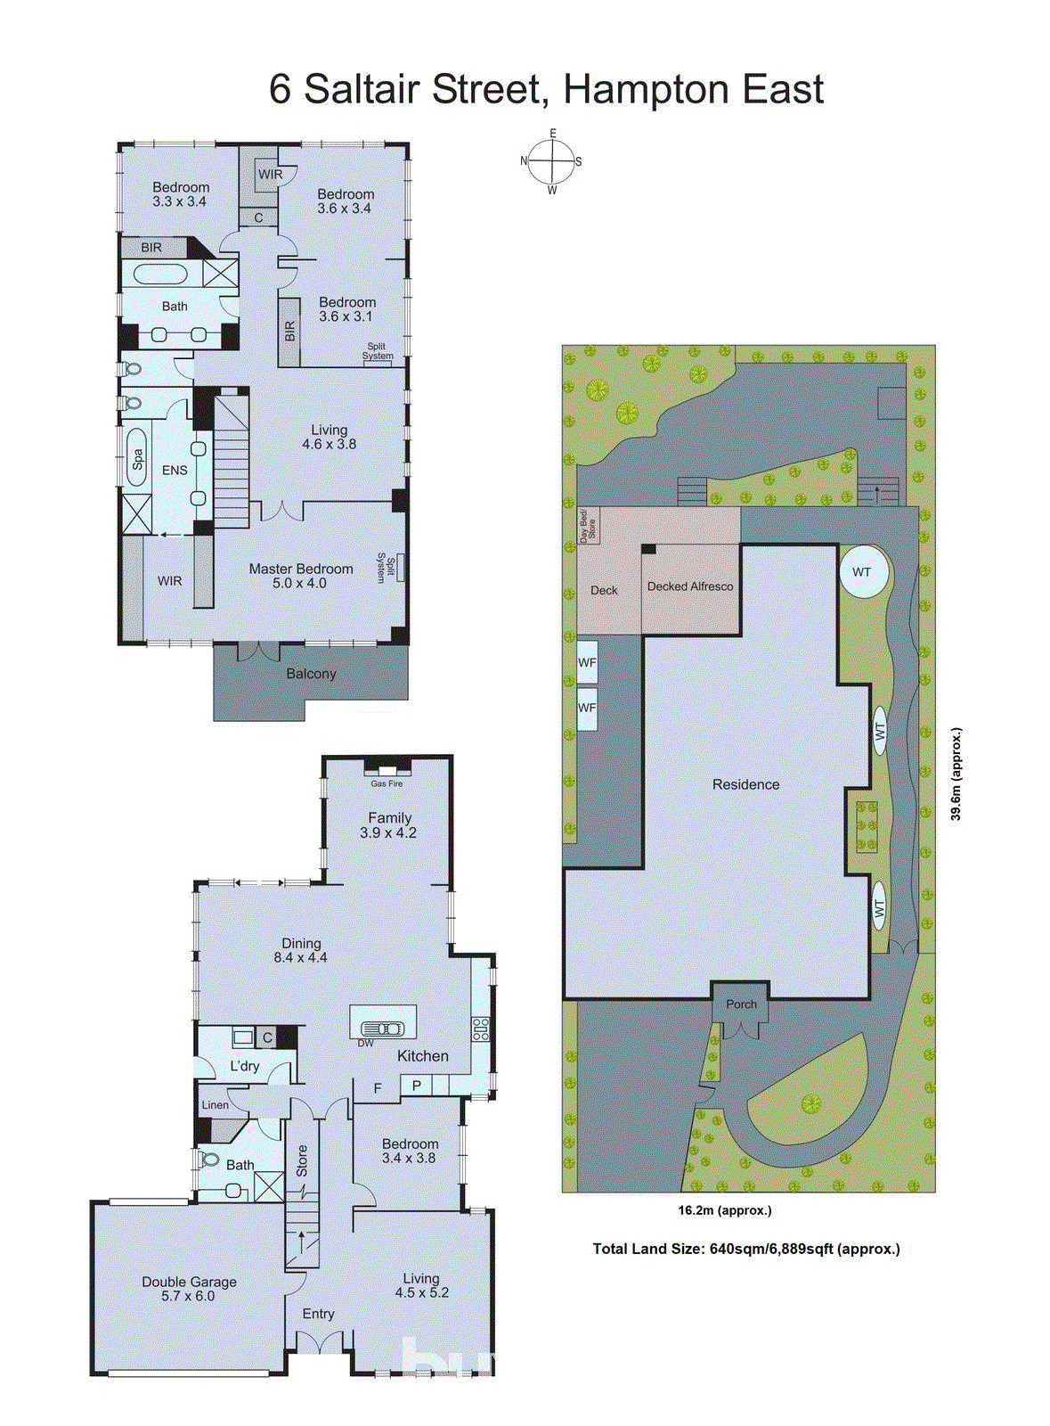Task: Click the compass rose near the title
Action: click(552, 162)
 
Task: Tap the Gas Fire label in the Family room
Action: click(387, 783)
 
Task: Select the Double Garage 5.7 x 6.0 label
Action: click(189, 1289)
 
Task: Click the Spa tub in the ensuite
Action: click(137, 458)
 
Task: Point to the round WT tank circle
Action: click(863, 572)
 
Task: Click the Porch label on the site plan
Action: click(741, 1004)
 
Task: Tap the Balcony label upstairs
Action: click(311, 674)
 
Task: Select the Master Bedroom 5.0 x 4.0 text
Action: click(300, 576)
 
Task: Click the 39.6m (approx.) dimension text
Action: click(956, 774)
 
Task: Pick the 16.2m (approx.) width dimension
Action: click(724, 1210)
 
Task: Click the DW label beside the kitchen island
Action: click(366, 1043)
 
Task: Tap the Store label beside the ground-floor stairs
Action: click(302, 1160)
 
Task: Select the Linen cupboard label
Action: click(215, 1105)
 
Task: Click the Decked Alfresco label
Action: click(690, 586)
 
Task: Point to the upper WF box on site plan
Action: click(587, 662)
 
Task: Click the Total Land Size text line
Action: click(746, 1249)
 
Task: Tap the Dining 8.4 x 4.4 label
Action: click(301, 950)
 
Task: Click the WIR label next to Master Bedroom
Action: click(169, 581)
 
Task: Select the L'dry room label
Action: click(244, 1066)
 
